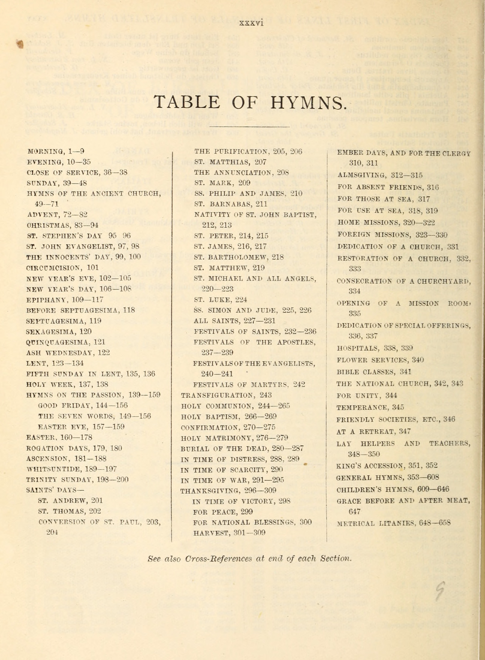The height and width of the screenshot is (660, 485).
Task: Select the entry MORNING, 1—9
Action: pyautogui.click(x=56, y=152)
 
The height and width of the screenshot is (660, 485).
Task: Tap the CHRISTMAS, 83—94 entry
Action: pyautogui.click(x=62, y=225)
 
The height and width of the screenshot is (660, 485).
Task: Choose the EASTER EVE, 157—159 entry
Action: pyautogui.click(x=81, y=427)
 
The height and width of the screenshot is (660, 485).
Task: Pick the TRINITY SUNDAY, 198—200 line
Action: pyautogui.click(x=77, y=480)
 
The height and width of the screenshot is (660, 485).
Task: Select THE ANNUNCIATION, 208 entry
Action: pyautogui.click(x=241, y=172)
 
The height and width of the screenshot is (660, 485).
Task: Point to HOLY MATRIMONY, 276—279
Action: pyautogui.click(x=234, y=438)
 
